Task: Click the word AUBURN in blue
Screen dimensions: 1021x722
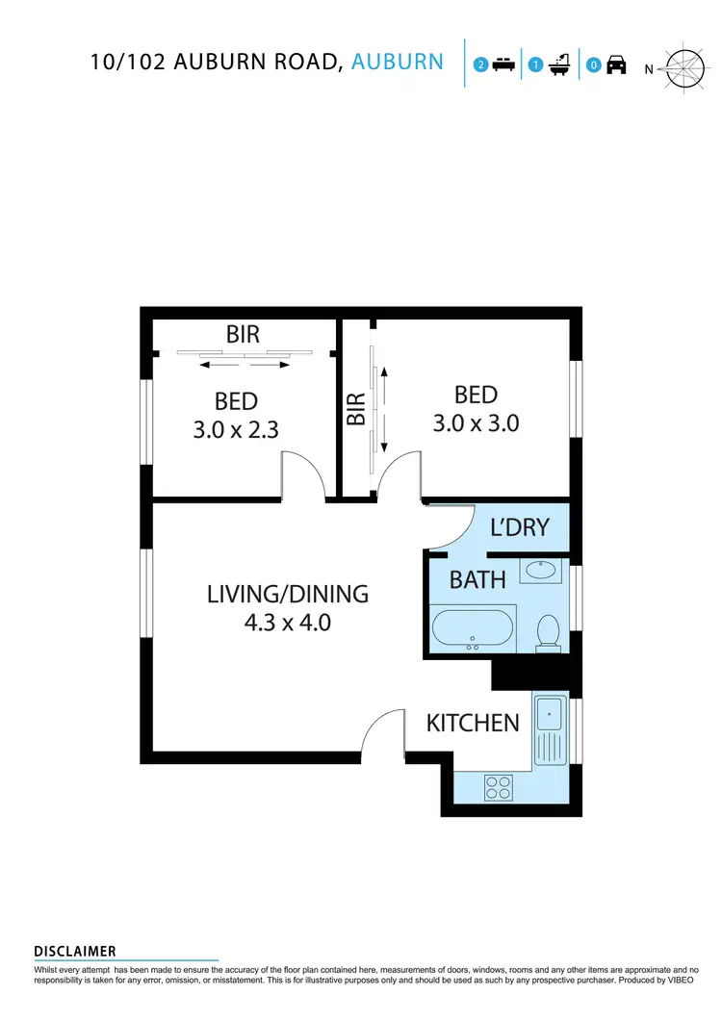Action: [x=398, y=63]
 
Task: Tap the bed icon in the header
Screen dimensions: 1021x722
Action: [x=502, y=65]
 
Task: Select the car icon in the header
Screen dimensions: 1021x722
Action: [x=616, y=65]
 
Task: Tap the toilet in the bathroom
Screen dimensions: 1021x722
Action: [x=549, y=632]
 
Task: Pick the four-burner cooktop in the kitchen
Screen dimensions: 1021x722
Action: [x=498, y=788]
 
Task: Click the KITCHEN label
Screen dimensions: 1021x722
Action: [x=473, y=723]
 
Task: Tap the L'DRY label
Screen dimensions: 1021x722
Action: [x=519, y=527]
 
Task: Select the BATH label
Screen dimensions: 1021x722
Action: [x=477, y=580]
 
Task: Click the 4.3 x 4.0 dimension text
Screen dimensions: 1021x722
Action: [x=288, y=623]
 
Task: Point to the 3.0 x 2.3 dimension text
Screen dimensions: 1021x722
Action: [x=236, y=430]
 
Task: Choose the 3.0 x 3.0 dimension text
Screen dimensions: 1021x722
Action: [x=476, y=422]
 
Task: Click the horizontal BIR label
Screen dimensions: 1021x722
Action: [x=244, y=335]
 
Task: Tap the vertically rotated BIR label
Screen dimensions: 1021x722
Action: [x=355, y=409]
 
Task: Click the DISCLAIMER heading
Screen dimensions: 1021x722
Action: [x=75, y=952]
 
